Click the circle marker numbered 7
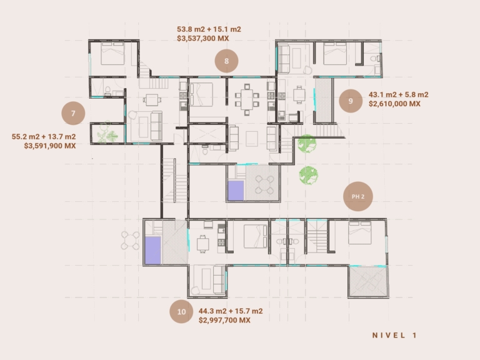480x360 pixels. tap(73, 113)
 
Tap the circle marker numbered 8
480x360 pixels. tap(226, 61)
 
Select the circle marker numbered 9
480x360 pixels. tap(351, 101)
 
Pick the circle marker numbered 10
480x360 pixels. tap(181, 312)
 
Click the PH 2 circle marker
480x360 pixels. tap(358, 196)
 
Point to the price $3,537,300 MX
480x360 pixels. tap(203, 39)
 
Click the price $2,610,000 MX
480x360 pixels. tap(394, 104)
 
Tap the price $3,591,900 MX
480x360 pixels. tap(50, 146)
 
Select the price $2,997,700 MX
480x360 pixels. tap(225, 320)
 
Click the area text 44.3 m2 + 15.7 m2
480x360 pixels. tap(231, 311)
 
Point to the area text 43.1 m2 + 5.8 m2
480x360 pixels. tap(398, 94)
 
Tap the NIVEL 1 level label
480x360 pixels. tap(394, 335)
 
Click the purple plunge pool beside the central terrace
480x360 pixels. tap(236, 191)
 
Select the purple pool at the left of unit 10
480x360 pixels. tap(152, 250)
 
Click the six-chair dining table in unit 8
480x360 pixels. tap(247, 100)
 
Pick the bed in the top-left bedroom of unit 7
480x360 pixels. tap(112, 53)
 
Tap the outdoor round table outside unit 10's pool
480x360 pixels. tap(130, 240)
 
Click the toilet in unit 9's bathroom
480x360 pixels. tap(375, 58)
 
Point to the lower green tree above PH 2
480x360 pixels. tap(309, 176)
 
